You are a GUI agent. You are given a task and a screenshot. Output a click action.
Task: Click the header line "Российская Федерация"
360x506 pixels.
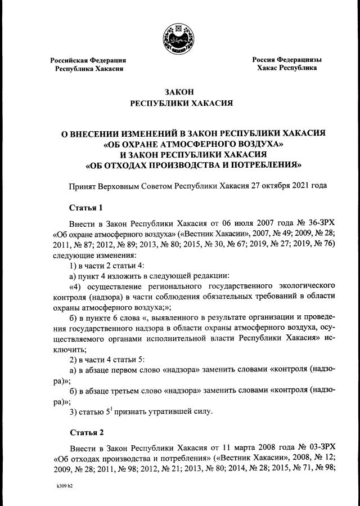pyautogui.click(x=88, y=60)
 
